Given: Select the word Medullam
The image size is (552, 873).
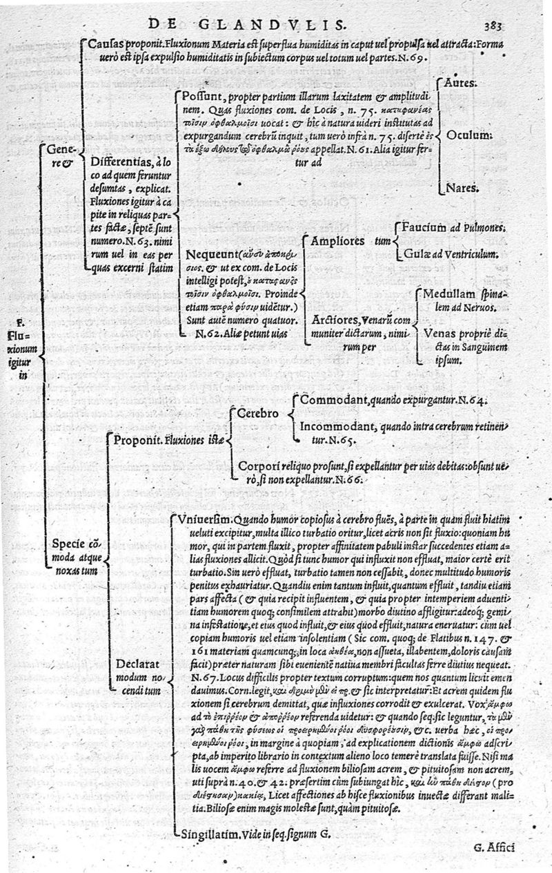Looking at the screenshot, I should coord(448,292).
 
